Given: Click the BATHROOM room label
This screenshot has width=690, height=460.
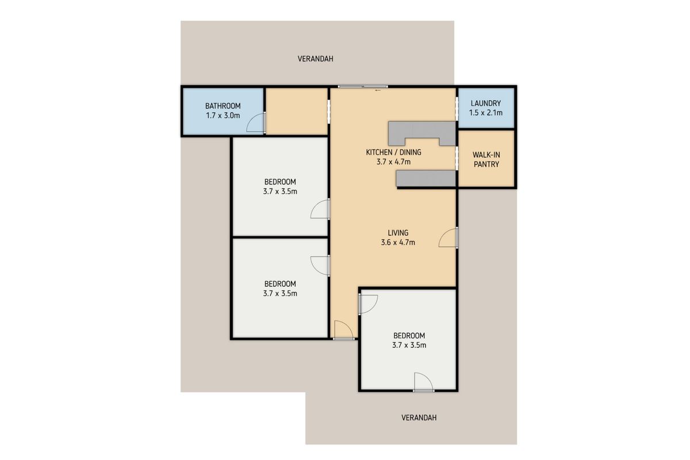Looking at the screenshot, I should pyautogui.click(x=223, y=106).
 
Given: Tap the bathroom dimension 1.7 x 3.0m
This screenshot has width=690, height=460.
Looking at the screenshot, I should pyautogui.click(x=223, y=116).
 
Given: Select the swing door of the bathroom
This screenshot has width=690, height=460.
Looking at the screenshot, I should pyautogui.click(x=258, y=122).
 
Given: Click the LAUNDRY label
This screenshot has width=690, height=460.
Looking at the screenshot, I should pyautogui.click(x=485, y=103).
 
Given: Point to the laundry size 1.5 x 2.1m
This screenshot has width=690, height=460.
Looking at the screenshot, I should pyautogui.click(x=485, y=113).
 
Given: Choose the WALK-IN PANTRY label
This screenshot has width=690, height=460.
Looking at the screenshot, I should pyautogui.click(x=485, y=159).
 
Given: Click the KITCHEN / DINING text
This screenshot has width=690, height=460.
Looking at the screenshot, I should pyautogui.click(x=393, y=152).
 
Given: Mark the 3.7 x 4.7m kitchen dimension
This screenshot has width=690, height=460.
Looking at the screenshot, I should pyautogui.click(x=393, y=162).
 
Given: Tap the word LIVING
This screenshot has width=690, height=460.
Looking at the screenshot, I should pyautogui.click(x=398, y=233).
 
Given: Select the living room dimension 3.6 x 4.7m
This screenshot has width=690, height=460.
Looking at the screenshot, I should pyautogui.click(x=398, y=243).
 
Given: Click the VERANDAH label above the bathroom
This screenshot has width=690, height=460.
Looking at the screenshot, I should pyautogui.click(x=315, y=59).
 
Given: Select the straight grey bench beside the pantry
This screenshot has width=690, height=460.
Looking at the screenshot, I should pyautogui.click(x=426, y=179).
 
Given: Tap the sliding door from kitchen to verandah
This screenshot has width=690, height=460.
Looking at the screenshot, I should pyautogui.click(x=362, y=87).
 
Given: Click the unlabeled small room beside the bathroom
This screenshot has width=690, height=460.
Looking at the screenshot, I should pyautogui.click(x=297, y=111).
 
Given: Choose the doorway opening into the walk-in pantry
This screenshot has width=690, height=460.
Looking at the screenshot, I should pyautogui.click(x=457, y=158).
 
